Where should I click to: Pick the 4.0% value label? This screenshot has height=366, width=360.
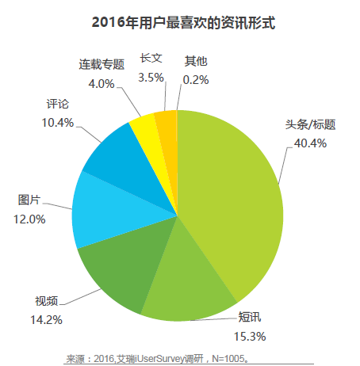(101, 82)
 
